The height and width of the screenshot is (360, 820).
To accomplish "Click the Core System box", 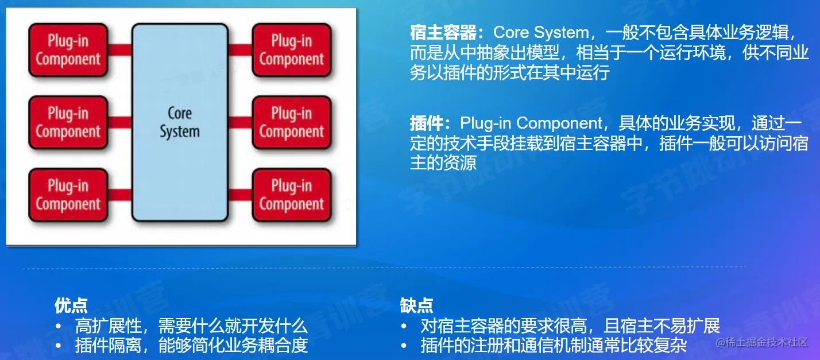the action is coord(180,122).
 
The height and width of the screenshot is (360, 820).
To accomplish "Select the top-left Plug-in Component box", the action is coord(68,50).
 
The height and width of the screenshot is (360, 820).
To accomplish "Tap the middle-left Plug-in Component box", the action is coord(68,122).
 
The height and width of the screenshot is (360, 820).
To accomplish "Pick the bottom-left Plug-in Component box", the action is coord(68,195).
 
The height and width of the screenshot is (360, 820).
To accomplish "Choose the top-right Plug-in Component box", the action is coord(292,50).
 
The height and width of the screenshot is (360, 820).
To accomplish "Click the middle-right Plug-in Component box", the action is coord(292,122).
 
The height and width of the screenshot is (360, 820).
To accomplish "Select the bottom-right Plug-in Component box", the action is coord(292,195).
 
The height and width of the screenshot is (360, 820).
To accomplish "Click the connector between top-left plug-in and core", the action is coord(119,50).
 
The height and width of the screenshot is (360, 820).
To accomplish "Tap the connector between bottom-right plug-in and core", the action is coord(240,195).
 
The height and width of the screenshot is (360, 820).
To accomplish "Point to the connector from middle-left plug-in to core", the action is coord(119,122).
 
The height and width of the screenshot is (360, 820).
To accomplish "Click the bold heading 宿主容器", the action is coord(443,33).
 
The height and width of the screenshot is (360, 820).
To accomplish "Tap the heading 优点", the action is coord(71,305).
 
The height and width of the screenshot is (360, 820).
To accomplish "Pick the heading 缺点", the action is coord(416,305).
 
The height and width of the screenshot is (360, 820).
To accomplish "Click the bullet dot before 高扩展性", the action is coord(58,326).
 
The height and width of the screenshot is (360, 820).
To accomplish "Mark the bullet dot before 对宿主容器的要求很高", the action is coord(404,326).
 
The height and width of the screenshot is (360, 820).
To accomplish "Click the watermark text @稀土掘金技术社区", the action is coord(762,342).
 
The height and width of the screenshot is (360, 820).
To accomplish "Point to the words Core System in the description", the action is coord(541,33).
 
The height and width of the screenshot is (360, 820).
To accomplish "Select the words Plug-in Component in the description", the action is coord(531,123).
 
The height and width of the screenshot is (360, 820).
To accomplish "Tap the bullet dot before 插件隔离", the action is coord(58,346).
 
